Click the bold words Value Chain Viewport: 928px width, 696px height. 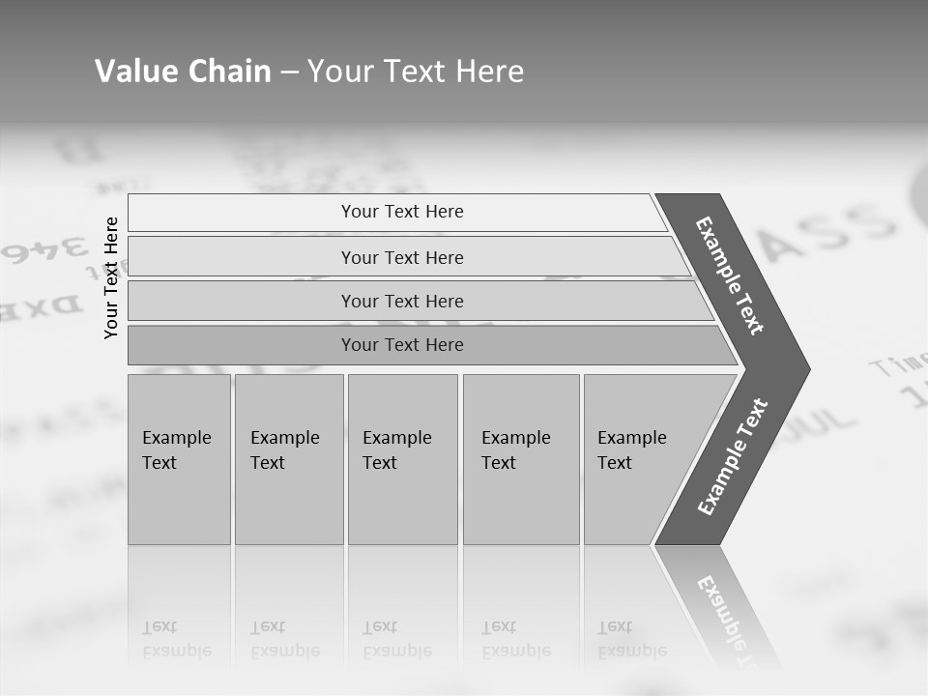(x=183, y=72)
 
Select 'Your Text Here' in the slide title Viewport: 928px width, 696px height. (x=416, y=72)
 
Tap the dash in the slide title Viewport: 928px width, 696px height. (x=289, y=72)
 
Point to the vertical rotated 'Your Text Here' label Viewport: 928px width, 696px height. (x=112, y=277)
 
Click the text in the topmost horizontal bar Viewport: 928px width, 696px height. (x=402, y=212)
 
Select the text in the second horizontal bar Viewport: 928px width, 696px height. (x=402, y=257)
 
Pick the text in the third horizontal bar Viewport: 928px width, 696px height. (x=402, y=301)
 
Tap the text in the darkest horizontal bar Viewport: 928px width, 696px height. (x=402, y=345)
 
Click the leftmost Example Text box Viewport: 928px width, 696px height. (x=178, y=458)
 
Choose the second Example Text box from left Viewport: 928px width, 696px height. (x=288, y=458)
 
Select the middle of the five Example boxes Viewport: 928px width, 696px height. (x=402, y=458)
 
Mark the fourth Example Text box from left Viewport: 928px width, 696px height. (x=520, y=458)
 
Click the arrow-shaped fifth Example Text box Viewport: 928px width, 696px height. (x=638, y=458)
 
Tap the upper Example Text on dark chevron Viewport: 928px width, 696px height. (x=730, y=275)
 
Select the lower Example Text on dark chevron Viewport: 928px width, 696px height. (x=733, y=457)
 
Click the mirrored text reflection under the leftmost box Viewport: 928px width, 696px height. (x=177, y=639)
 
